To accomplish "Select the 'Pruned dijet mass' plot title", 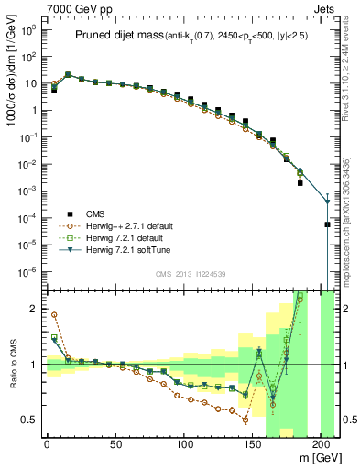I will click(x=120, y=36).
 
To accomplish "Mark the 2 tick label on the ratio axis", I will click(x=34, y=310).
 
